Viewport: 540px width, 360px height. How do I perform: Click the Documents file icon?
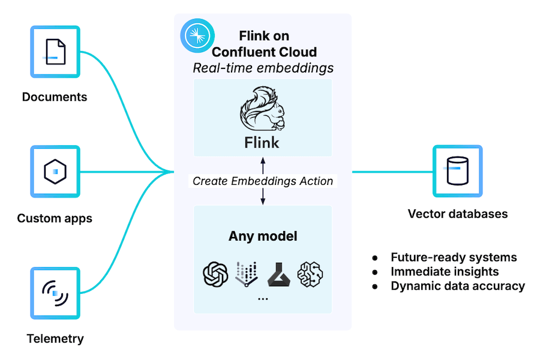(55, 52)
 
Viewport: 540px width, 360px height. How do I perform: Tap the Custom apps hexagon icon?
(55, 172)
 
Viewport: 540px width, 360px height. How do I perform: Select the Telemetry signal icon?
(55, 293)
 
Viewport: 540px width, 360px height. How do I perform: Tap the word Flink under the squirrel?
(262, 143)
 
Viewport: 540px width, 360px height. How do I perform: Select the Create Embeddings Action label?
(263, 181)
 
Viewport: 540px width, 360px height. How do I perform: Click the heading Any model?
(263, 236)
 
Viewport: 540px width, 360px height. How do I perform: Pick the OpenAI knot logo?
(215, 274)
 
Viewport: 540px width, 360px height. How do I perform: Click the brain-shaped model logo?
(311, 274)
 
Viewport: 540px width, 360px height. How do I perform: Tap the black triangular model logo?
(279, 274)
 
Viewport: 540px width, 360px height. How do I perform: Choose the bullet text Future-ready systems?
(453, 257)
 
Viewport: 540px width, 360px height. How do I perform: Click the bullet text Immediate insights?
(445, 272)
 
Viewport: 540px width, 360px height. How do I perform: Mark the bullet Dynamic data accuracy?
(458, 286)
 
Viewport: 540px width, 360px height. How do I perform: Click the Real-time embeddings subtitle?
(263, 68)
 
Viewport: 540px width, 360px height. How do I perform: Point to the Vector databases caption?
(457, 214)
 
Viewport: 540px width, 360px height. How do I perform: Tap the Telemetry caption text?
(55, 338)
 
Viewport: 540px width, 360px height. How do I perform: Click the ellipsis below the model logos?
(263, 298)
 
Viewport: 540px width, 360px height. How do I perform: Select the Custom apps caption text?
(55, 218)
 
